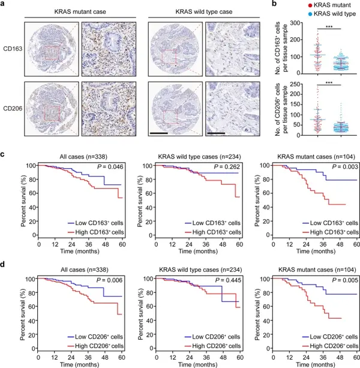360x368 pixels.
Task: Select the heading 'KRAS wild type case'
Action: coord(187,11)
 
